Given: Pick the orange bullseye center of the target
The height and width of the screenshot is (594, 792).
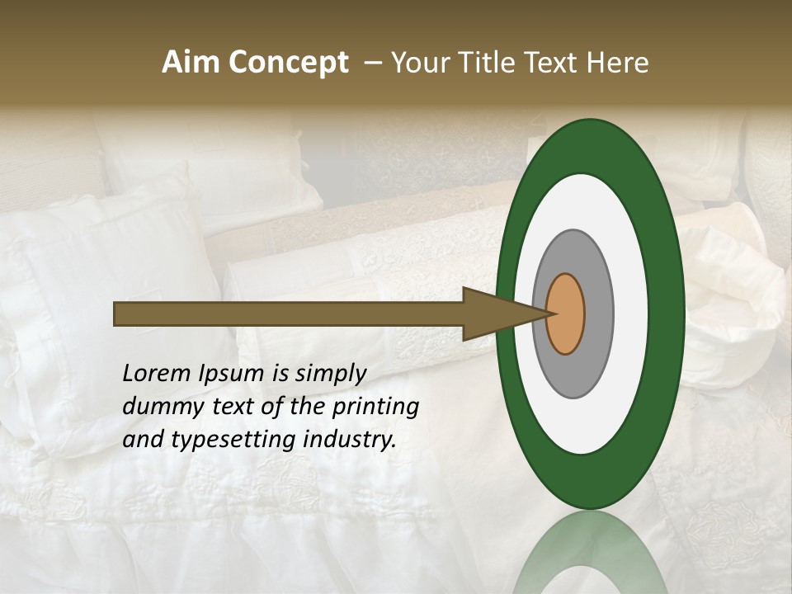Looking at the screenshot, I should coord(566,313).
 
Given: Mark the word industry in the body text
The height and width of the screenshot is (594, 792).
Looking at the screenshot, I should coord(350,440).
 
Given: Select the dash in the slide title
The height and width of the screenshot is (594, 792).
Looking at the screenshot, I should coord(373,63).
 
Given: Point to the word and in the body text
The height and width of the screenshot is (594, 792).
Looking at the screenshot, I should coord(142,440).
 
